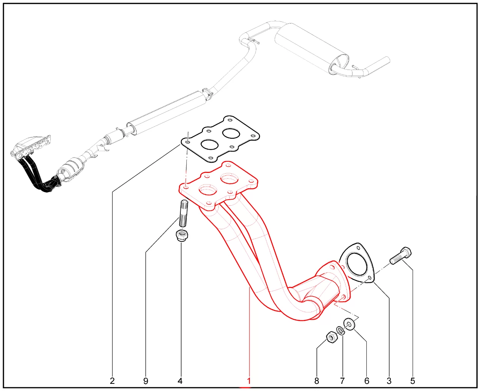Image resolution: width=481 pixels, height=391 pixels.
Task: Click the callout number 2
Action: click(x=112, y=381)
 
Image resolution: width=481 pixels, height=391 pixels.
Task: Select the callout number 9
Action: click(x=146, y=381)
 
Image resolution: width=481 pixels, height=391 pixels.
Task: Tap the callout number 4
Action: click(x=180, y=381)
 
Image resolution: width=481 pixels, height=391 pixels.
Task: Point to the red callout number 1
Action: click(x=249, y=381)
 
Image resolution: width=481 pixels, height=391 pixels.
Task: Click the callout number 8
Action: click(x=316, y=381)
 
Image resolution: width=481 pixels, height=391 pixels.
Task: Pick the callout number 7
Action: click(x=342, y=381)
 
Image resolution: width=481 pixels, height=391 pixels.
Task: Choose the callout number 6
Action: click(x=367, y=381)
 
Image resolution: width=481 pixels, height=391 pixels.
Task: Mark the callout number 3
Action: click(x=389, y=381)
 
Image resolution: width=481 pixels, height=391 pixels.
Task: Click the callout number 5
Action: click(x=413, y=381)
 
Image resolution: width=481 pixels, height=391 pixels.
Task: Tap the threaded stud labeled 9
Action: click(x=184, y=213)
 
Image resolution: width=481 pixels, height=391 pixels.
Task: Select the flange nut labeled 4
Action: click(x=182, y=236)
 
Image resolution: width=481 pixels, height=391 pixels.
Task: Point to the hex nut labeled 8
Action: click(x=331, y=337)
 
